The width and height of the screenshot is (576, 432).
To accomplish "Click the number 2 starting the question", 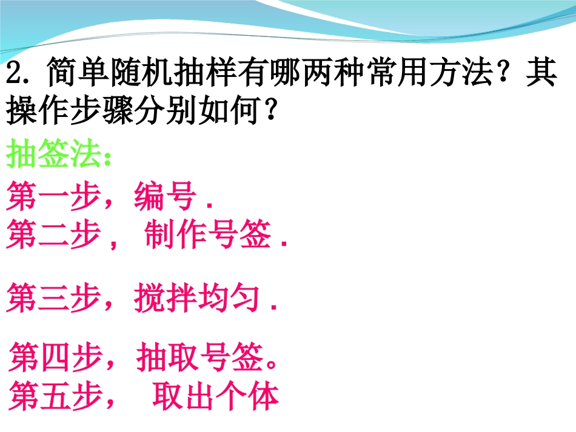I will [x=13, y=76].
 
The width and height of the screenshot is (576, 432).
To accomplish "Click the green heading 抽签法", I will [x=53, y=156].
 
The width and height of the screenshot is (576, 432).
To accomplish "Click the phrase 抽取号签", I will [x=200, y=358].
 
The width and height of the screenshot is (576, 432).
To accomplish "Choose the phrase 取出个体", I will [x=215, y=396].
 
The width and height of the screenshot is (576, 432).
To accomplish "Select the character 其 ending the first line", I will [x=541, y=76].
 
